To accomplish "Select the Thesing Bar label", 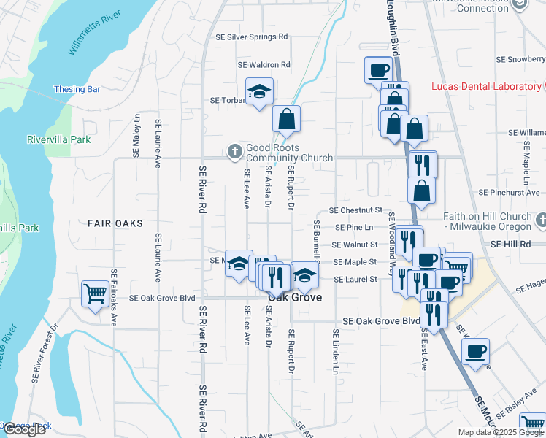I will (x=77, y=90).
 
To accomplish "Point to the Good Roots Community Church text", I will (x=289, y=153).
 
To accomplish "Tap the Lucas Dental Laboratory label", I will (x=485, y=87).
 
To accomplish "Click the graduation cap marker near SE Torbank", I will (x=259, y=91).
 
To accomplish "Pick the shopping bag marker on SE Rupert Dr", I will (x=287, y=119).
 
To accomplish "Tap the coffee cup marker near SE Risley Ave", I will (x=475, y=351).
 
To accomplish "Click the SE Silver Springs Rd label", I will (x=252, y=36).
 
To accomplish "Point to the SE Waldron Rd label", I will (x=264, y=65).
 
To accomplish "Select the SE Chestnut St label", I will (x=356, y=210).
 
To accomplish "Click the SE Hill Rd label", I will (x=510, y=244).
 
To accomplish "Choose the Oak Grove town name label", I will (x=295, y=298).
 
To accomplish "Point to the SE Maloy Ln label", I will (x=136, y=137).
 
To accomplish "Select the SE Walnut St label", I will (x=355, y=245).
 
